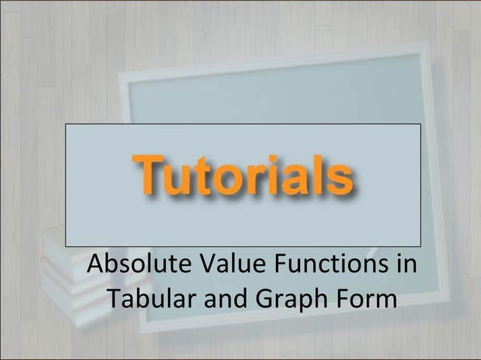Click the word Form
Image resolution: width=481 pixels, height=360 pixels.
(x=365, y=298)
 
